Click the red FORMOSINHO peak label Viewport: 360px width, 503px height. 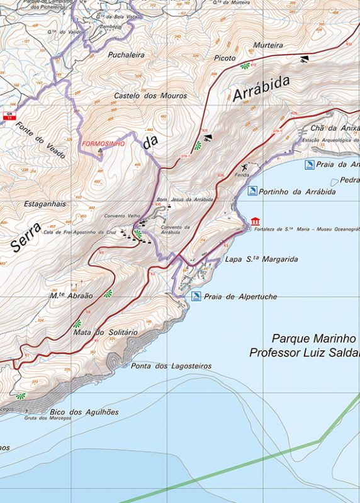103,143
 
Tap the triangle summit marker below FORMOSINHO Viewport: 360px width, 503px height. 99,151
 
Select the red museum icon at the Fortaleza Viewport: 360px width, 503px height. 254,221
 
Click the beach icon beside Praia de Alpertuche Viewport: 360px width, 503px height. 196,296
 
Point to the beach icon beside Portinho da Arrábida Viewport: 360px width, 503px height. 252,191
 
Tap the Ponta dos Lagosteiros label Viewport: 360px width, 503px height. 170,365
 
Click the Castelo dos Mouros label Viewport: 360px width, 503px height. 150,96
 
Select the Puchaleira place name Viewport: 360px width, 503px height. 126,55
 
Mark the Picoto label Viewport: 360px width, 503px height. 224,58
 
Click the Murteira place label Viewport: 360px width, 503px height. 268,45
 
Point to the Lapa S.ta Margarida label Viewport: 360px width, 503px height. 261,259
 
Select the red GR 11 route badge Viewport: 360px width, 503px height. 9,115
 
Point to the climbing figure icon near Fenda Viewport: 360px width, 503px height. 244,168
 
